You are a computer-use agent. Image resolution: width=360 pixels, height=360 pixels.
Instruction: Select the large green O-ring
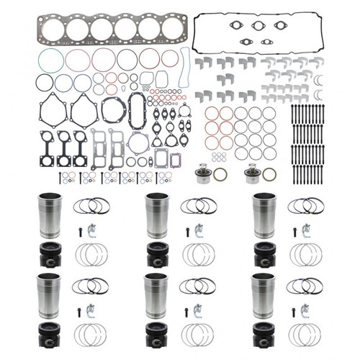(50, 60)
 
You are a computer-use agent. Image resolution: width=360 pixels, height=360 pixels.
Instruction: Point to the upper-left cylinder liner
(49, 213)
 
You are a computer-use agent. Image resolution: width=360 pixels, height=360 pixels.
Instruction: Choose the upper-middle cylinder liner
(156, 213)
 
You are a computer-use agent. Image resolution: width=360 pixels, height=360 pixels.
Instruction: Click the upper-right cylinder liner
(264, 213)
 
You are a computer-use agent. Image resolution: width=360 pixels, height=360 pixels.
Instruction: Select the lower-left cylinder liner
(49, 293)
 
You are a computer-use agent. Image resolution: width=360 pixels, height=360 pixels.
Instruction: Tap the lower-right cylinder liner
(264, 293)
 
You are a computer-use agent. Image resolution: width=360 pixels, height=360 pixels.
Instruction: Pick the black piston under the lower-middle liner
(158, 334)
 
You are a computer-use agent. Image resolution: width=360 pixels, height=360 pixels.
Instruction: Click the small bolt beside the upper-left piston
(79, 232)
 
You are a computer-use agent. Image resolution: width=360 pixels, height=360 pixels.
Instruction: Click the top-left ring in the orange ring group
(212, 113)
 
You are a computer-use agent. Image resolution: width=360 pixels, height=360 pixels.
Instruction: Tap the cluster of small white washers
(218, 156)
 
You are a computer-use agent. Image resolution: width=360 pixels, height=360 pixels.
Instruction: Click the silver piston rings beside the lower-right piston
(307, 334)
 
